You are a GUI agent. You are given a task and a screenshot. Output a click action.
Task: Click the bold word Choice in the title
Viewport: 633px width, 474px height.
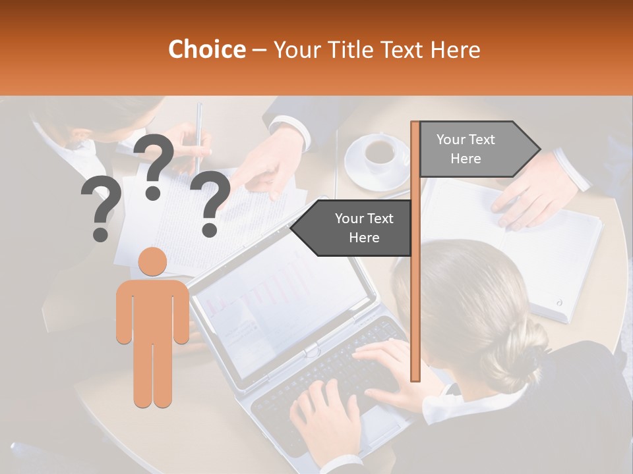[x=206, y=50]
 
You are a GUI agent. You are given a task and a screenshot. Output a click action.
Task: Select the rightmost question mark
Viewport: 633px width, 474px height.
[x=210, y=203]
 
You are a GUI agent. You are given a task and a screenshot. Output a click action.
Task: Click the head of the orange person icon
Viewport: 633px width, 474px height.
[x=152, y=262]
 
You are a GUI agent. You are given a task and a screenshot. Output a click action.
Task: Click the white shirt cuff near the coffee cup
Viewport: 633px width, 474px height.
[x=289, y=128]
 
